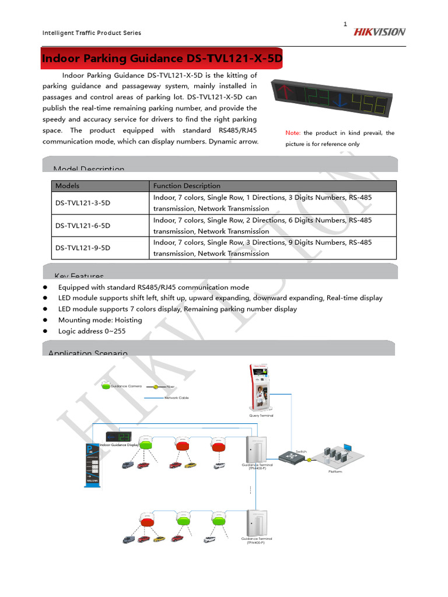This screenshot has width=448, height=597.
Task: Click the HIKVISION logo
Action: tap(379, 32)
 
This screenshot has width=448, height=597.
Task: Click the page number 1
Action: tap(345, 24)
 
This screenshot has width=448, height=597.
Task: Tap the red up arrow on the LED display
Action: tap(286, 93)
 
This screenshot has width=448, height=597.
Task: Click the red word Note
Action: tap(292, 133)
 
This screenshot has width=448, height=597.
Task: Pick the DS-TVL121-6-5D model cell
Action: tap(82, 226)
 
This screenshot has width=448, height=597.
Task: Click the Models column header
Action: tap(67, 186)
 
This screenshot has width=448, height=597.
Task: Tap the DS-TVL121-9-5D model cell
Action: tap(82, 248)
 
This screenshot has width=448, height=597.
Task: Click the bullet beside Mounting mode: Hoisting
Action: tap(45, 320)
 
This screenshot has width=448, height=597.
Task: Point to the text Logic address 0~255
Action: tap(92, 331)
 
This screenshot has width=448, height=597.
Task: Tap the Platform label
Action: tap(335, 471)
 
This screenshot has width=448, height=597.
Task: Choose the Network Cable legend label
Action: tap(177, 398)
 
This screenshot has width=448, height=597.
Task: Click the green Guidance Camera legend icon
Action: tap(105, 385)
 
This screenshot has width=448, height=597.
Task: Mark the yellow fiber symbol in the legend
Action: tap(156, 386)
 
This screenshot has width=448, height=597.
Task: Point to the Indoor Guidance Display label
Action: tap(119, 445)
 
